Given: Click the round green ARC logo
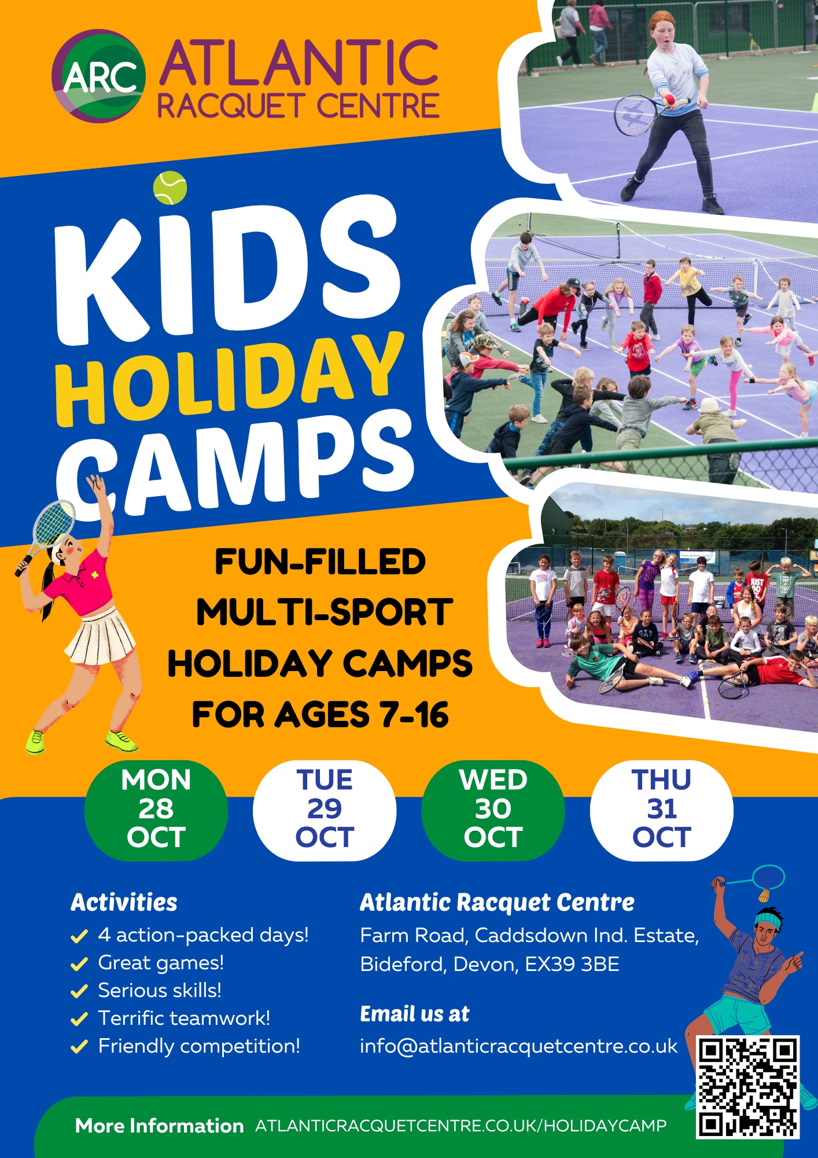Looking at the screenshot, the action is point(98,76).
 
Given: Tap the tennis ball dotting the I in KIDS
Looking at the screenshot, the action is point(170,188).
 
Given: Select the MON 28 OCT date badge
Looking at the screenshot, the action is point(156,809).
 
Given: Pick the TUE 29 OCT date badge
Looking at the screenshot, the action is point(325,809).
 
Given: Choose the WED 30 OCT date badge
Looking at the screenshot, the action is point(493,809).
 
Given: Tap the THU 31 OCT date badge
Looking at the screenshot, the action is point(662,809).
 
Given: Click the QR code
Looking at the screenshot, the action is point(748,1087).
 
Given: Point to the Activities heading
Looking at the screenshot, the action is point(124,902).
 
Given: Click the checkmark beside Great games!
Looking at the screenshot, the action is point(79,964).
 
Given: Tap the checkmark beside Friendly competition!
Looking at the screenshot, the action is point(79,1047).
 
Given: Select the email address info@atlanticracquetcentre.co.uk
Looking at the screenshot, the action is point(518,1046).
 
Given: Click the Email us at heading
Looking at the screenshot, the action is point(414,1014).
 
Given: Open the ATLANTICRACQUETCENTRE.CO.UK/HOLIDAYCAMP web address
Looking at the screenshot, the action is point(460,1126).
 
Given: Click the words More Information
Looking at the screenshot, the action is point(159,1126).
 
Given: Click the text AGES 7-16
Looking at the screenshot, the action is point(362,714).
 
